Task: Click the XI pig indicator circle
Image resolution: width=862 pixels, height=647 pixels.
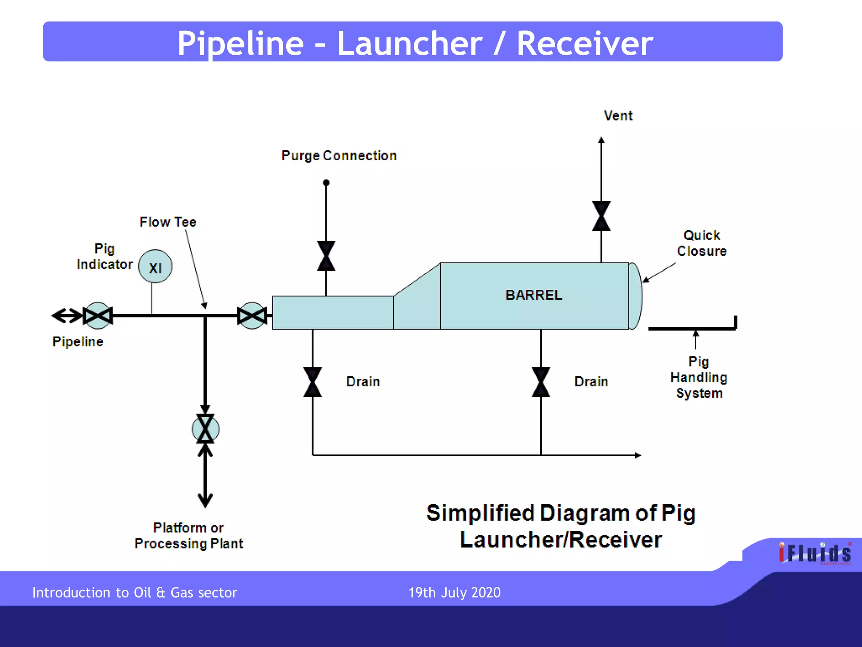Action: tap(155, 267)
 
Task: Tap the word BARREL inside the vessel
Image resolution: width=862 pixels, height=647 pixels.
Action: tap(534, 295)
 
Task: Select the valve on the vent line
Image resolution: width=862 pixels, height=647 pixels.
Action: tap(601, 216)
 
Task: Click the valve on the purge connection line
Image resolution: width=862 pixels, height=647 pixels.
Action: tap(326, 256)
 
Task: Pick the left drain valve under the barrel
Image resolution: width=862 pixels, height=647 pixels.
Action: tap(312, 382)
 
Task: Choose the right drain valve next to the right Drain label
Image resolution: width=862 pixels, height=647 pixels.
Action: tap(540, 382)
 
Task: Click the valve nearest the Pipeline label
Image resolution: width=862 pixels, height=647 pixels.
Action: tap(98, 315)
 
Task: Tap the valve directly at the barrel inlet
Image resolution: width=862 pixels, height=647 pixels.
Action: tap(252, 315)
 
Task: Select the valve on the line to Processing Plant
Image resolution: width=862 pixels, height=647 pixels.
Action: tap(205, 429)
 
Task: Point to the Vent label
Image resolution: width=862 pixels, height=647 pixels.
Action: tap(618, 115)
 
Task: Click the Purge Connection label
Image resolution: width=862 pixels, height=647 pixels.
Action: tap(339, 155)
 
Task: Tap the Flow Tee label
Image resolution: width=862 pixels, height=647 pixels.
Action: tap(168, 222)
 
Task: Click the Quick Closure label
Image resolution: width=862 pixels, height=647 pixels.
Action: tap(702, 243)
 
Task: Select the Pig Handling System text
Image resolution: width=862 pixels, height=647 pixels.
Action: tap(699, 377)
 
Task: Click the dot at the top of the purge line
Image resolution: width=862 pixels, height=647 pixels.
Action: tap(326, 183)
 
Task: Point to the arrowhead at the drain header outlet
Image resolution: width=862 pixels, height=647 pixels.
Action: tap(638, 455)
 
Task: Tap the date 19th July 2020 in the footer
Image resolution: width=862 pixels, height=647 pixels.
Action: tap(454, 593)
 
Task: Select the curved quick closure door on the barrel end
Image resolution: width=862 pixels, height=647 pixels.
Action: tap(636, 296)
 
